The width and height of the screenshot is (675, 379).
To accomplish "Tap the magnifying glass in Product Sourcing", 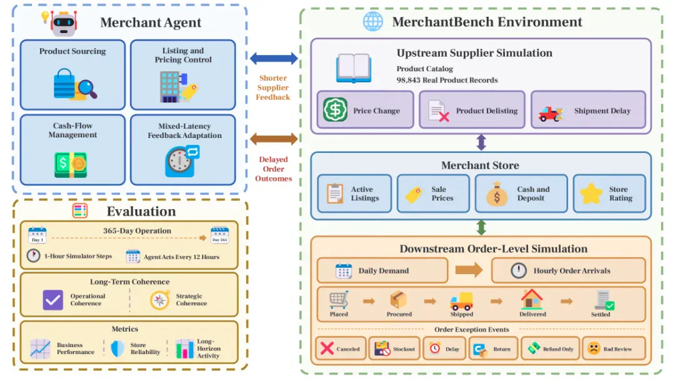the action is (88, 89).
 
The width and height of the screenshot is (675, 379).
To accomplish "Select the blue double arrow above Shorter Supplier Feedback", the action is (274, 59).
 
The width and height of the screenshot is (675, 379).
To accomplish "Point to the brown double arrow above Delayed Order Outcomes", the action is (274, 139).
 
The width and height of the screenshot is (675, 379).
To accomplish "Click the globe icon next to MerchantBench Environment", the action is (372, 21).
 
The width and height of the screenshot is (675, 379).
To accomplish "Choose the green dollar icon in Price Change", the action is (336, 110).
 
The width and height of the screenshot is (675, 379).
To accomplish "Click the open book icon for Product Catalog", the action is (353, 68).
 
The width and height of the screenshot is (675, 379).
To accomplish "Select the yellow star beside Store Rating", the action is (591, 193).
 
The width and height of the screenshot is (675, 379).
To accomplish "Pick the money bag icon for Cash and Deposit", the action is (497, 194).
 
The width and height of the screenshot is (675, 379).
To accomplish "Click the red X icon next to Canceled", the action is (327, 348).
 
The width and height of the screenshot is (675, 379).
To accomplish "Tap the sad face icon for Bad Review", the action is (594, 348).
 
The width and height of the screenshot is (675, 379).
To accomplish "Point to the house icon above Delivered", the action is (532, 299).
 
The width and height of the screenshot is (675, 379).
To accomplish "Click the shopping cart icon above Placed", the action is (339, 300).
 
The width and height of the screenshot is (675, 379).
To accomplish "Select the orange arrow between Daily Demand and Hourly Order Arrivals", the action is (469, 270).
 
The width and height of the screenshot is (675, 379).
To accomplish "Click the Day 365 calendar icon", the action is (219, 235).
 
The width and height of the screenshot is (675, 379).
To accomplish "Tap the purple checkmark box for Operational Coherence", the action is (53, 300).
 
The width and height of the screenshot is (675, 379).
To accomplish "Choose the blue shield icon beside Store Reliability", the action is (117, 348).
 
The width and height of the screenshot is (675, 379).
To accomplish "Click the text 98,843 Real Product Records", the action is (447, 80).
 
